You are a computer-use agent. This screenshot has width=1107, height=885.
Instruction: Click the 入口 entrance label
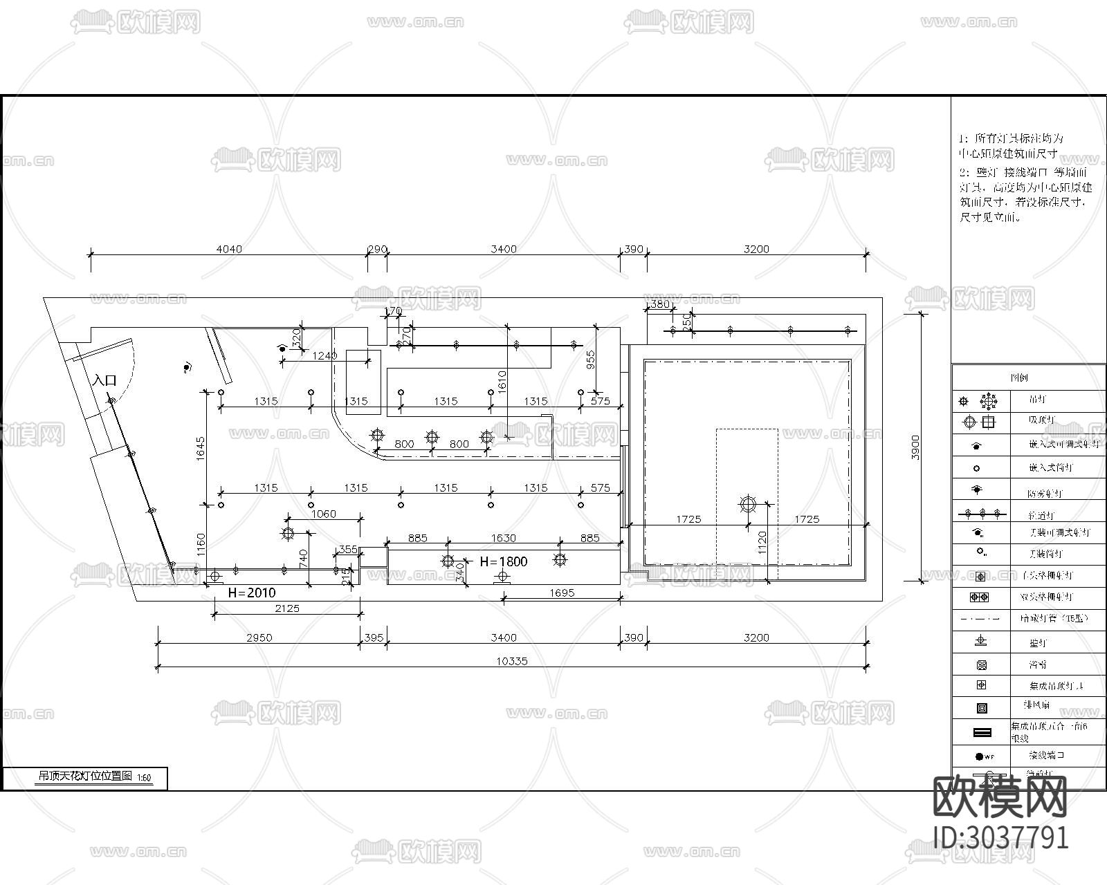coord(105,380)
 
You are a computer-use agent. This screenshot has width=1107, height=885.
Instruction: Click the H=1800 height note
coord(504,561)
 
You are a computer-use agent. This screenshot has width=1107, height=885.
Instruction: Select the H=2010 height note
coord(252,593)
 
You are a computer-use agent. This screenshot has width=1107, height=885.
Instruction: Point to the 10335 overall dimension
coord(512,661)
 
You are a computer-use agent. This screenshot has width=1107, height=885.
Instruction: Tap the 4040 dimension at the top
coord(229,249)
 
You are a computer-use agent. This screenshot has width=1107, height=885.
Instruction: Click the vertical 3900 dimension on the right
coord(915,448)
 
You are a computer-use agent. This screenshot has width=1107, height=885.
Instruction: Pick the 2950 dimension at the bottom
coord(259,637)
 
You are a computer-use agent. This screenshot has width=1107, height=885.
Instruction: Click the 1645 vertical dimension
coord(201,449)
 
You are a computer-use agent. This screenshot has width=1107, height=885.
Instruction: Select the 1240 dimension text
coord(325,355)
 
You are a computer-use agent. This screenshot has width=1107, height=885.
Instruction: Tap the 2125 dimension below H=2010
coord(287,608)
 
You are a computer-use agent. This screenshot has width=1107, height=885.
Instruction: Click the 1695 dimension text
coord(561,593)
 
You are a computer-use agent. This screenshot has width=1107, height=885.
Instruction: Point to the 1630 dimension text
coord(503,538)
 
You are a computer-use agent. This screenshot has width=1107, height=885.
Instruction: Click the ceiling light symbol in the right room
coord(748,503)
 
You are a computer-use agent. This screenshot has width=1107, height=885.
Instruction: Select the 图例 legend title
coord(1019,378)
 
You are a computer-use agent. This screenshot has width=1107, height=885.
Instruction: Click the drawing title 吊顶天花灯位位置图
coord(84,776)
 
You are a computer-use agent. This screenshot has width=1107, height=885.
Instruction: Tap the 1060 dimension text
coord(324,514)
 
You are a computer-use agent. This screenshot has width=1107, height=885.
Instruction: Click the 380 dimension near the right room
coord(661,304)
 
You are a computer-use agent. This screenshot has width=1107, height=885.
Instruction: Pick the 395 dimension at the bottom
coord(374,637)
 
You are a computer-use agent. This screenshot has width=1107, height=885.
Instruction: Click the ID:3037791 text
coord(1001,837)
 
